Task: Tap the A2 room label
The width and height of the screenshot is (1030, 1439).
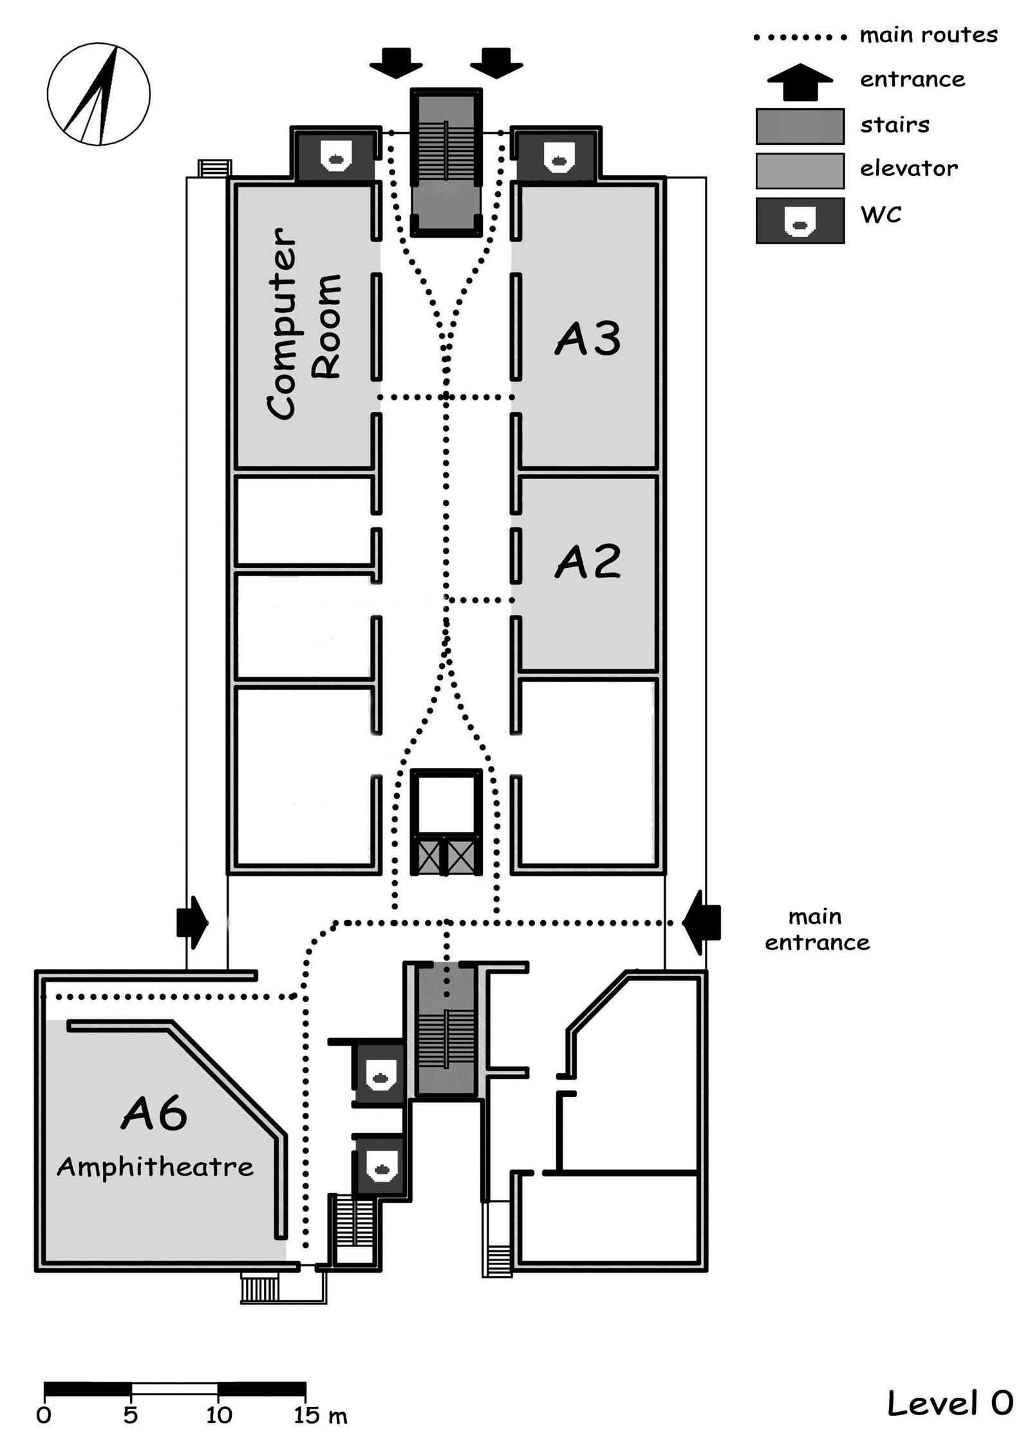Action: (x=588, y=561)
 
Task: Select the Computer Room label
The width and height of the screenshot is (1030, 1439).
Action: (x=303, y=324)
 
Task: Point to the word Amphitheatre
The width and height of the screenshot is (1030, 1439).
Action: (x=155, y=1166)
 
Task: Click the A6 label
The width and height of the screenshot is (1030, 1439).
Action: (x=154, y=1113)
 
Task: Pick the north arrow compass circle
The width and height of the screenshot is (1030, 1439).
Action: (x=98, y=94)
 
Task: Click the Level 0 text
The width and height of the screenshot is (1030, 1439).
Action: (x=950, y=1402)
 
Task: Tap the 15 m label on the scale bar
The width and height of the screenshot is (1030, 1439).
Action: (x=321, y=1415)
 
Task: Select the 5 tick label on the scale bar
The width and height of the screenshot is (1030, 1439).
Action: (x=131, y=1415)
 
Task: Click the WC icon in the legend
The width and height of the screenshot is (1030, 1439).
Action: (x=800, y=221)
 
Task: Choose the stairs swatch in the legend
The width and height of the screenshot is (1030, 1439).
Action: (x=800, y=126)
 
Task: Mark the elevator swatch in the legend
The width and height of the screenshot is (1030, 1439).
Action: (x=800, y=171)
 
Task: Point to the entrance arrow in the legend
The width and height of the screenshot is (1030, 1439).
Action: (x=800, y=82)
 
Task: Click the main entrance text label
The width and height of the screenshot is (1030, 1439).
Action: (x=817, y=929)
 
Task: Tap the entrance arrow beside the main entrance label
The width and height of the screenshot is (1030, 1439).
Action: (x=701, y=923)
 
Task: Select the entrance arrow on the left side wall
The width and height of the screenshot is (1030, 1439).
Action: (x=192, y=923)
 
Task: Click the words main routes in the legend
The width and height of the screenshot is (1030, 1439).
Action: (x=928, y=35)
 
